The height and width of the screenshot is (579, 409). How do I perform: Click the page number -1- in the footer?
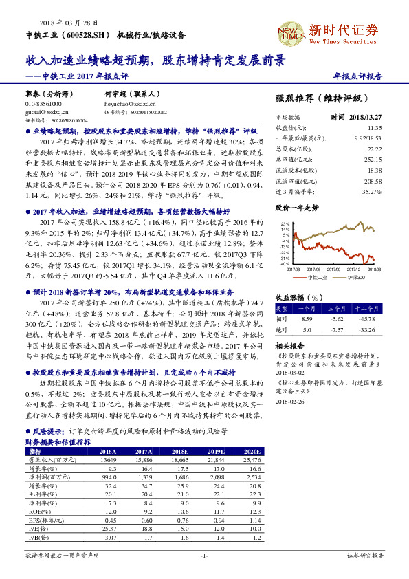pos(203,556)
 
